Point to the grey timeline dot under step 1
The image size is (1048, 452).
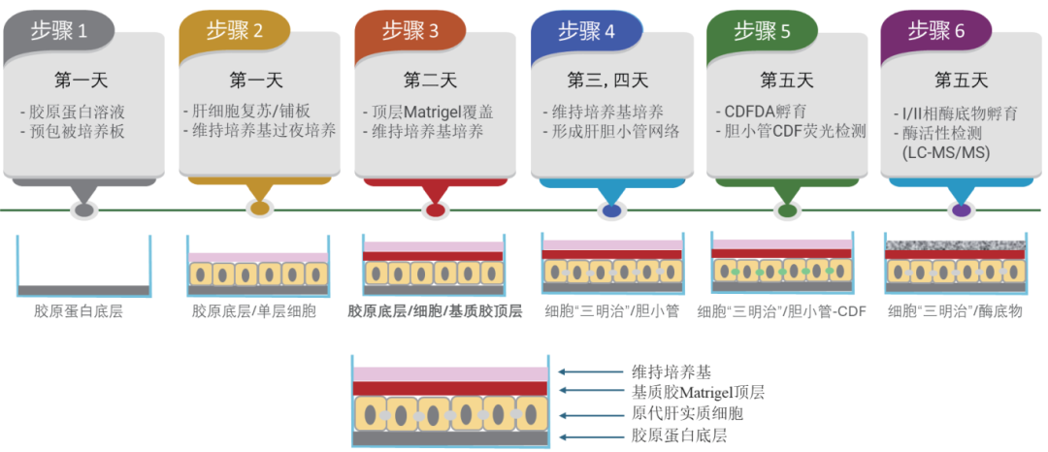(84, 210)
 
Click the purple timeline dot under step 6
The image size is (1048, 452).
(961, 210)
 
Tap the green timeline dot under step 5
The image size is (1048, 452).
(786, 210)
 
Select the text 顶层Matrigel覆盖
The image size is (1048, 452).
(438, 112)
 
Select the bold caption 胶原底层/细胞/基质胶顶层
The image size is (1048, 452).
(435, 311)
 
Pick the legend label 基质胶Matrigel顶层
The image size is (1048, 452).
(698, 392)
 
